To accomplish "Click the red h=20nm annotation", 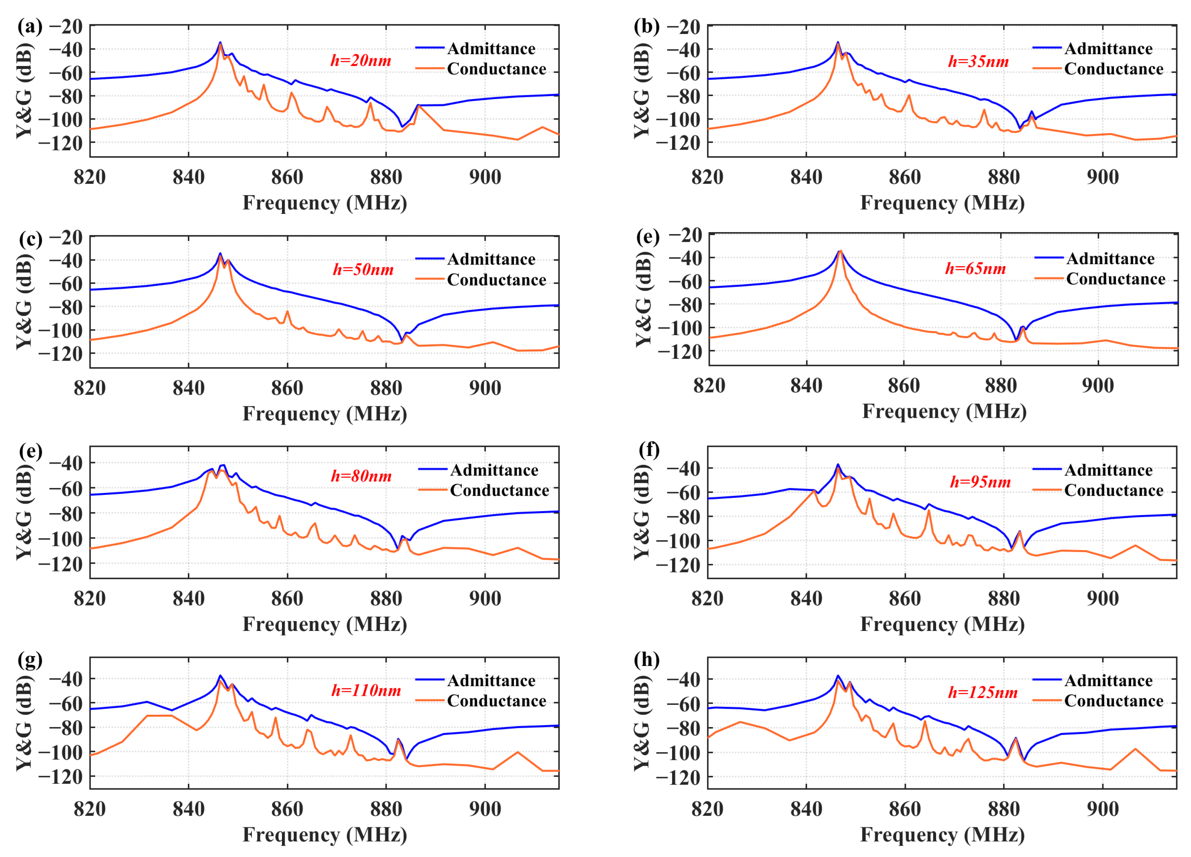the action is [x=361, y=61].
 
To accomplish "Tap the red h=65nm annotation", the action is [x=975, y=269].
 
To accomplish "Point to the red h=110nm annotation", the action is [x=366, y=690].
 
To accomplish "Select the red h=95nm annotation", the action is [x=980, y=482].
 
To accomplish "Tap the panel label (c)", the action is [x=30, y=239].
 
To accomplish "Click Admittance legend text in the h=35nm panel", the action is [x=1109, y=49].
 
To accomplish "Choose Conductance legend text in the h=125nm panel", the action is [x=1114, y=701].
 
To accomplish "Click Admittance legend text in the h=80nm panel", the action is [x=494, y=470].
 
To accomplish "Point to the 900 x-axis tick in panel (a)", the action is [x=485, y=177].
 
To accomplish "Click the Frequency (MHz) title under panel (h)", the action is [x=942, y=835].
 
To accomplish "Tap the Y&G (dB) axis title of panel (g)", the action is [x=24, y=723].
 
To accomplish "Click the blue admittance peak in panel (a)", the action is [x=220, y=42].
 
